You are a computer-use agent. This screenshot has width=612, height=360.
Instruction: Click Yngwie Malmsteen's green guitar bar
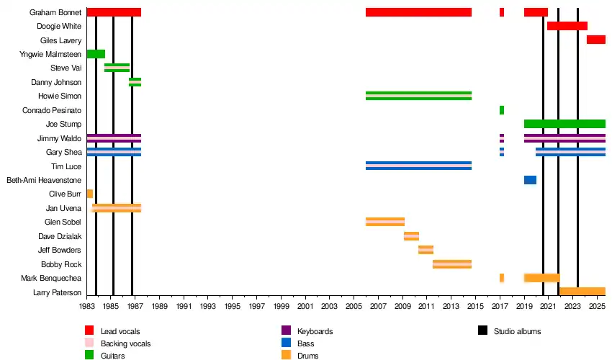click(96, 54)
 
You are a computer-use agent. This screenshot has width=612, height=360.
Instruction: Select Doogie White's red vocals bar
click(567, 26)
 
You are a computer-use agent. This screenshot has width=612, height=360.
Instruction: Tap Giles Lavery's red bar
click(595, 40)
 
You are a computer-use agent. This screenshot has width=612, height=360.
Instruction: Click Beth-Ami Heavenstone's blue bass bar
click(530, 180)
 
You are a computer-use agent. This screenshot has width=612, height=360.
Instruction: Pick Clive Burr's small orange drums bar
click(90, 194)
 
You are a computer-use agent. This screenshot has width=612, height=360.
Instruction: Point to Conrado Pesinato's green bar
click(502, 110)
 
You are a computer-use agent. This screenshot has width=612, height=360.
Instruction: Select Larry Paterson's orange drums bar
click(582, 292)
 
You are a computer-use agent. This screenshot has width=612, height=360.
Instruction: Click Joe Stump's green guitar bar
click(564, 124)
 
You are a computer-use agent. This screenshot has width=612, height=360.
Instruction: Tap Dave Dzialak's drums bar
click(411, 236)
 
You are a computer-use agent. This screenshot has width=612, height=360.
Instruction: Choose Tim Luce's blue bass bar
click(418, 166)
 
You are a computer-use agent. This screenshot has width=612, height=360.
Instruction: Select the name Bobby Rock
click(61, 264)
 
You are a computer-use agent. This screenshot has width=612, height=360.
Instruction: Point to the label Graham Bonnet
click(55, 12)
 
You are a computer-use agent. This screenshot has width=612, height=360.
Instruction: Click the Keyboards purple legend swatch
click(285, 331)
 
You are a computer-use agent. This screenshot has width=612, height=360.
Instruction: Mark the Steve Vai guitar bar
click(117, 68)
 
